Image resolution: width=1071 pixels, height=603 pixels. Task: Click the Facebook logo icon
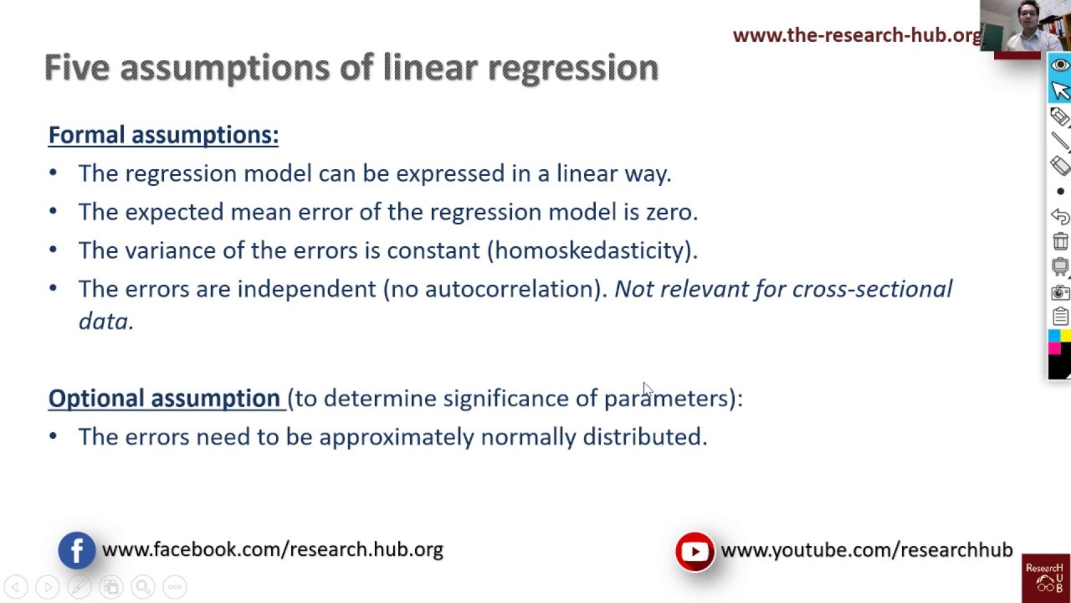point(76,550)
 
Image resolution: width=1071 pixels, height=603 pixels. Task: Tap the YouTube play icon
point(694,551)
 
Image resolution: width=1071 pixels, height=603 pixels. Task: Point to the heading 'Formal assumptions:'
point(163,135)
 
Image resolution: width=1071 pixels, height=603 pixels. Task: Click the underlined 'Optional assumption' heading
point(164,398)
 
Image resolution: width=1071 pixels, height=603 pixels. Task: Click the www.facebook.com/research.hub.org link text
point(272,549)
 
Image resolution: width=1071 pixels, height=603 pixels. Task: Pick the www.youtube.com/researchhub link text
point(866,549)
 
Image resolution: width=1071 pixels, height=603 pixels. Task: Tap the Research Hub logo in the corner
point(1045,578)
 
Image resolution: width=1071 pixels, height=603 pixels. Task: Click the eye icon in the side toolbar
point(1060,65)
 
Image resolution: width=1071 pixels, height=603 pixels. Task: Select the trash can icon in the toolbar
point(1060,241)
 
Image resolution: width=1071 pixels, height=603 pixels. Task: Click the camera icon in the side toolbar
point(1060,292)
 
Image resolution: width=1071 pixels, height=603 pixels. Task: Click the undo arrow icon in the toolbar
point(1060,216)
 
